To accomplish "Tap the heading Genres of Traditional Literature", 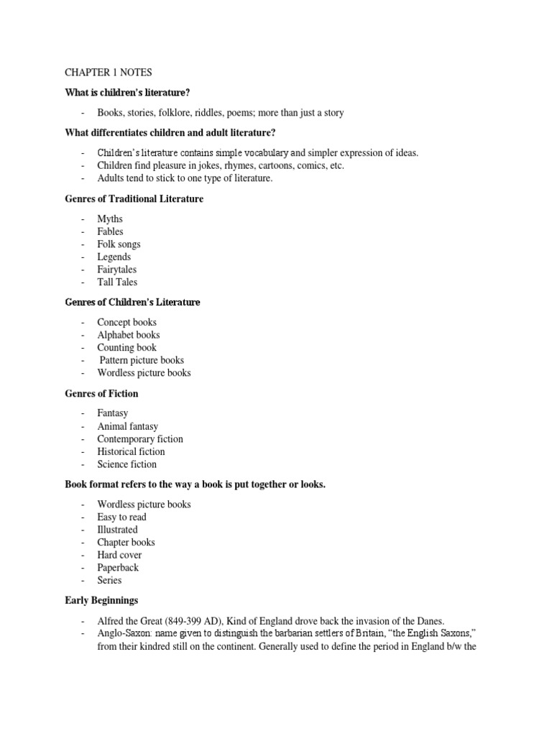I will point(134,198).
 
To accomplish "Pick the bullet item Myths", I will point(110,218).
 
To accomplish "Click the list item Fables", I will point(110,231).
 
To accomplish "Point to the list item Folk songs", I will point(119,244).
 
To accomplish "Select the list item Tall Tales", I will point(117,282).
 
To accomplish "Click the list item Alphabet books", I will point(129,335).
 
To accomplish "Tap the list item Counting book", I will point(126,348).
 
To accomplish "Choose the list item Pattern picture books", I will point(142,360).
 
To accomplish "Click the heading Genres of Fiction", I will point(101,394).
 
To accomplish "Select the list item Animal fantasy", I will point(127,426).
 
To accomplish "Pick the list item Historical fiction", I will point(131,451).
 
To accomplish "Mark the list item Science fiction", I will point(126,464).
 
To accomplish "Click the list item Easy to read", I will point(121,517).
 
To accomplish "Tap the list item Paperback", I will point(118,567).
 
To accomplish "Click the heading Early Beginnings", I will point(101,600).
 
